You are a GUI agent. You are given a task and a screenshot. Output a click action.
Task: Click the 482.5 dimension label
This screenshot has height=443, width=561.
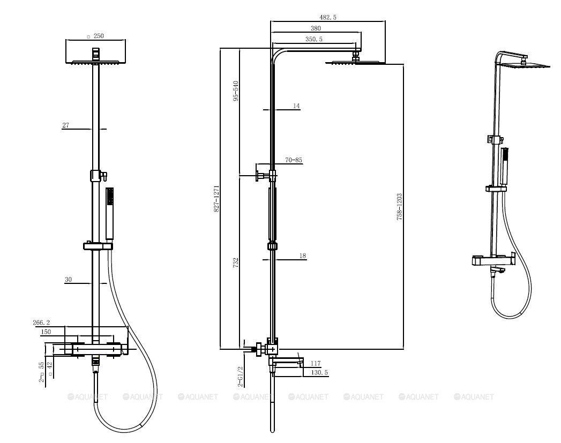[x=328, y=17]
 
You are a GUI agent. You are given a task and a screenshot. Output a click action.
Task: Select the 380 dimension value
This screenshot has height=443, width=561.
[x=316, y=28]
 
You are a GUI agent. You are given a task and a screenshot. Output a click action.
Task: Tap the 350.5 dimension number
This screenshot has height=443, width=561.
[x=314, y=39]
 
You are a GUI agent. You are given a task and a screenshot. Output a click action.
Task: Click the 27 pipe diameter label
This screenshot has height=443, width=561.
[x=65, y=125]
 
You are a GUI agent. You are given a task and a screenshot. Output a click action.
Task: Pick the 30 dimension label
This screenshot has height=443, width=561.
[x=68, y=280]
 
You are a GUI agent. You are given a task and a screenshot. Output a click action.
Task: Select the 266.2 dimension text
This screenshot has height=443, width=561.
[x=41, y=322]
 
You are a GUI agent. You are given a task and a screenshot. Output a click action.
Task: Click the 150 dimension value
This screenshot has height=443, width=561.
[x=46, y=332]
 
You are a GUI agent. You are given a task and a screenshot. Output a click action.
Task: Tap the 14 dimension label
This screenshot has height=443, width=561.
[x=296, y=106]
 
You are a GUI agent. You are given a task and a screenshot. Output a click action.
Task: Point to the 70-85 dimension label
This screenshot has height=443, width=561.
[x=294, y=160]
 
